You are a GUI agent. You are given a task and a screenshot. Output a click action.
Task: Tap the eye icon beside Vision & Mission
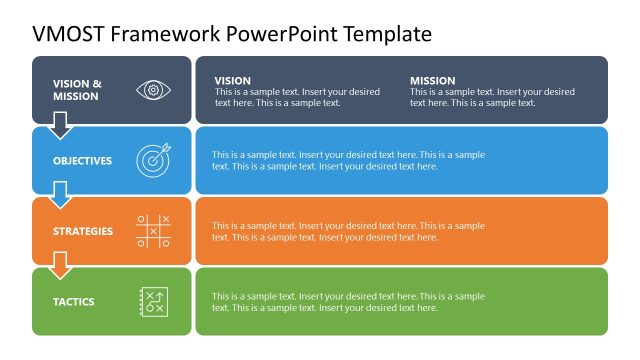click(x=153, y=90)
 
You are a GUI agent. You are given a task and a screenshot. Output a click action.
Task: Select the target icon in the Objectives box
click(x=153, y=160)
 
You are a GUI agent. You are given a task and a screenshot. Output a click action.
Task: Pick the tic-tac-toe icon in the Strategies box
click(x=153, y=230)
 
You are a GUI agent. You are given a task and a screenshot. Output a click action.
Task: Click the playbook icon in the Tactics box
click(x=153, y=301)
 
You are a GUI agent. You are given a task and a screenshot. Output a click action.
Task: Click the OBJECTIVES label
click(x=82, y=161)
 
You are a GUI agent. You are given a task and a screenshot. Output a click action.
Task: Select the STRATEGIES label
click(x=83, y=231)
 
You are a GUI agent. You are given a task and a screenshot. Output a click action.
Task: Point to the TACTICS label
click(x=74, y=302)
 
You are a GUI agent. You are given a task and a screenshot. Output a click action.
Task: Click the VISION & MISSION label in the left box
click(x=77, y=90)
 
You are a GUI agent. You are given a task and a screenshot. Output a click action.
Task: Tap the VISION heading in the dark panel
click(x=233, y=81)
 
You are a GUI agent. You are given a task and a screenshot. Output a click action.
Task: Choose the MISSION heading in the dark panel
click(x=432, y=81)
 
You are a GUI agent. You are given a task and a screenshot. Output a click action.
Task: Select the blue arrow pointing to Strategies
click(x=60, y=195)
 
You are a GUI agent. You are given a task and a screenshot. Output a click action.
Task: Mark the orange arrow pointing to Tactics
click(x=60, y=265)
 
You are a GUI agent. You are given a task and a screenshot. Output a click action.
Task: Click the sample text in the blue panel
click(x=348, y=161)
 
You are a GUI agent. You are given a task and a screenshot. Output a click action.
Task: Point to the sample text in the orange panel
click(x=348, y=231)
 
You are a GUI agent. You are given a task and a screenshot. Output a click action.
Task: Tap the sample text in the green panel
click(x=348, y=302)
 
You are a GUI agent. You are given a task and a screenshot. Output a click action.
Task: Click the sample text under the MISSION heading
click(x=492, y=97)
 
